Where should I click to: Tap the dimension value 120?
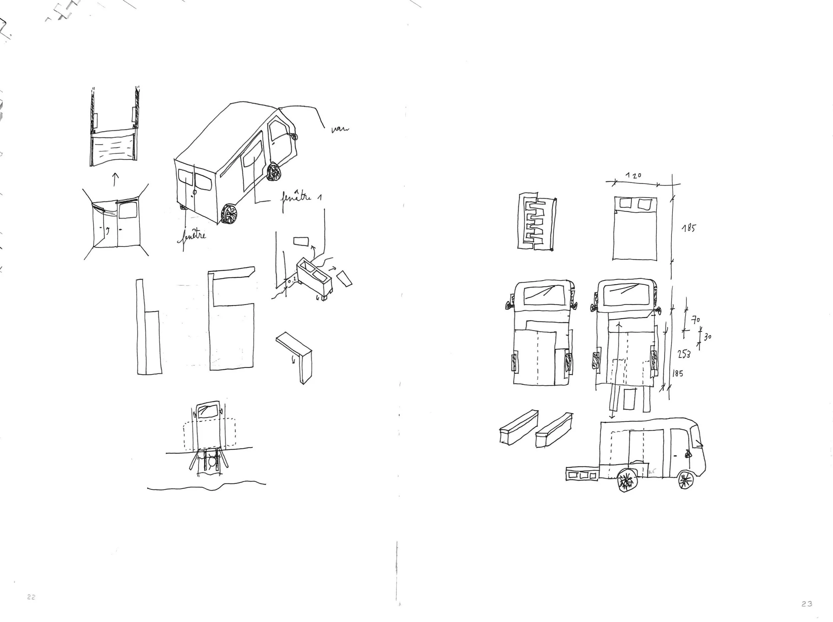(633, 175)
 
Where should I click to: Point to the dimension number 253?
(684, 354)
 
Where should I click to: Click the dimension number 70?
(696, 320)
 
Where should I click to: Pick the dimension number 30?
(707, 337)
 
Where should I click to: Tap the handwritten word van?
(340, 130)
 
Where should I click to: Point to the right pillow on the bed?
(645, 204)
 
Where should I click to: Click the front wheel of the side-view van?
(685, 480)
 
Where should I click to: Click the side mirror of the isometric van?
(293, 136)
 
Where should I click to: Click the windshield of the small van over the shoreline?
(207, 410)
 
